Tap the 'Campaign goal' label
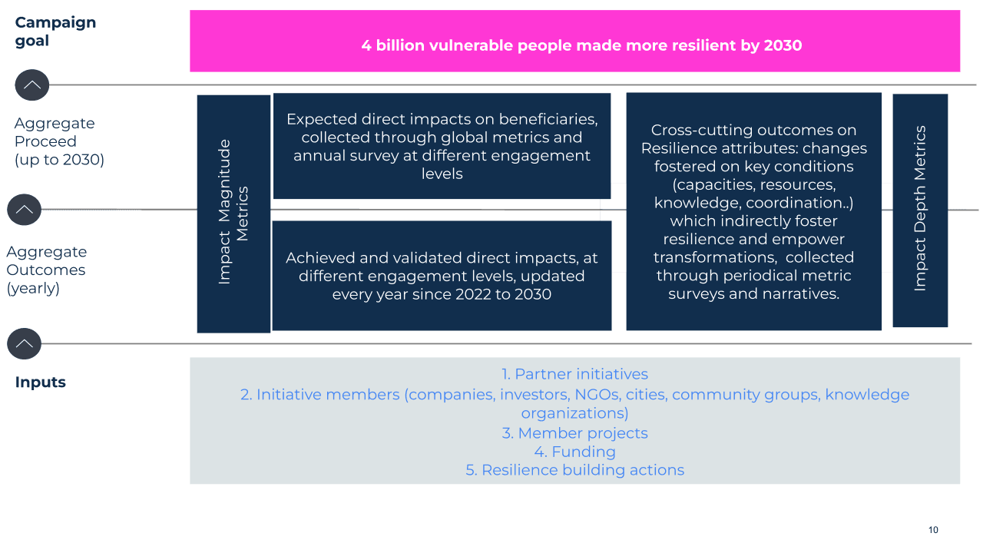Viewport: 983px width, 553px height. click(x=55, y=31)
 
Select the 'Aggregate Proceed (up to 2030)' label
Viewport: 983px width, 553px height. click(x=58, y=141)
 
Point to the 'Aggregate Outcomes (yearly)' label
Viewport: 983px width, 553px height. click(x=46, y=270)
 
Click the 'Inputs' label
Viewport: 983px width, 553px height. click(x=41, y=382)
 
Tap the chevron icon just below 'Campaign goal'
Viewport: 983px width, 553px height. click(x=32, y=85)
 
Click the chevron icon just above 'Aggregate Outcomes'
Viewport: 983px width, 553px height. click(x=25, y=210)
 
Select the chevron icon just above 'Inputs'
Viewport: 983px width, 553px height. click(x=25, y=343)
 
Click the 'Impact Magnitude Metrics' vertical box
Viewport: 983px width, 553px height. click(x=233, y=213)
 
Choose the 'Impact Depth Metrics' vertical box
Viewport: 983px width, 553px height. click(x=920, y=209)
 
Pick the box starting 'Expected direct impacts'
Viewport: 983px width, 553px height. click(x=442, y=146)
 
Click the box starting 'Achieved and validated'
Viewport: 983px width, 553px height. click(x=442, y=276)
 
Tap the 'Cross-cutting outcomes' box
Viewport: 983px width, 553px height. click(x=753, y=211)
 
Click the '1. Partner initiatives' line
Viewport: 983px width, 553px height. click(x=574, y=374)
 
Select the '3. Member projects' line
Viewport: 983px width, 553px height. click(x=574, y=433)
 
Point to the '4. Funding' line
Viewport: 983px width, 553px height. click(x=574, y=452)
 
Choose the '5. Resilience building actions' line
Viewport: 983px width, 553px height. click(x=574, y=470)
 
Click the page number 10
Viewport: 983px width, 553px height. click(x=933, y=530)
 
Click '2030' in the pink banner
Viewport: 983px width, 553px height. click(x=783, y=45)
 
